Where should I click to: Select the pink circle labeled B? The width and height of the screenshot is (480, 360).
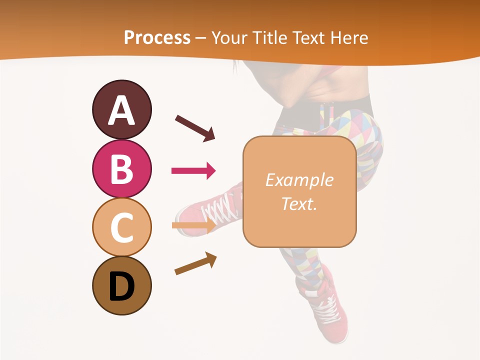(x=121, y=168)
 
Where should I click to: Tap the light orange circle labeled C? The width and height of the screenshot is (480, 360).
(x=121, y=227)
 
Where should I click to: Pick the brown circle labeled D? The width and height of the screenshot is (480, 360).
(x=121, y=285)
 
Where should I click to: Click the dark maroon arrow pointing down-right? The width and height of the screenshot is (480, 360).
(x=195, y=128)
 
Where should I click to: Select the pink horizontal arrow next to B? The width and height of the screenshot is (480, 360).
(x=193, y=171)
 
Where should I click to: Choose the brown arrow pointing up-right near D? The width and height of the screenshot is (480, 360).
(x=195, y=264)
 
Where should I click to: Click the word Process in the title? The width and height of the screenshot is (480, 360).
(x=157, y=38)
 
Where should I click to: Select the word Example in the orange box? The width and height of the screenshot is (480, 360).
(x=299, y=180)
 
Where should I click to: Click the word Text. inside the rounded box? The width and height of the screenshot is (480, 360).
(x=299, y=203)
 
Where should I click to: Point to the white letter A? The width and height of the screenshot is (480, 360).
(x=121, y=110)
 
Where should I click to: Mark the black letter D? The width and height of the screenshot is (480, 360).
(x=121, y=286)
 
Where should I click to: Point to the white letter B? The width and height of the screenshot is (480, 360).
(x=121, y=169)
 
